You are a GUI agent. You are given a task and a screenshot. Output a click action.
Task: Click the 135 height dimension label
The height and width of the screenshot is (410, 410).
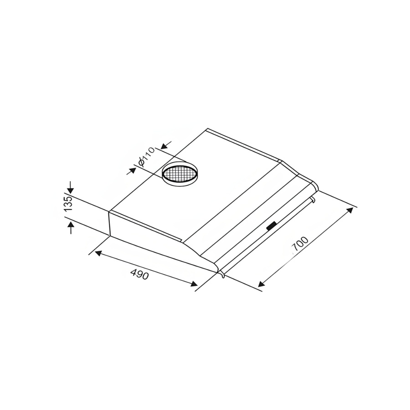68,204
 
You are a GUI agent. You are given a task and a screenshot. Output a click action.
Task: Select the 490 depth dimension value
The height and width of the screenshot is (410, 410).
139,275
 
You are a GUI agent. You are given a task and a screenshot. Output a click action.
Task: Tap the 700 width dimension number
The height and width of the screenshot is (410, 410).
300,245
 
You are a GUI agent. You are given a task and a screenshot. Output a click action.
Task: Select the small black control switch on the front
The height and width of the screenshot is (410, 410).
271,225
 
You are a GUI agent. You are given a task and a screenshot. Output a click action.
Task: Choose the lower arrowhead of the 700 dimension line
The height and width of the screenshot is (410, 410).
261,285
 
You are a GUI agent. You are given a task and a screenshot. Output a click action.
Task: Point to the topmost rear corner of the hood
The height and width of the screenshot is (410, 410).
208,129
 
